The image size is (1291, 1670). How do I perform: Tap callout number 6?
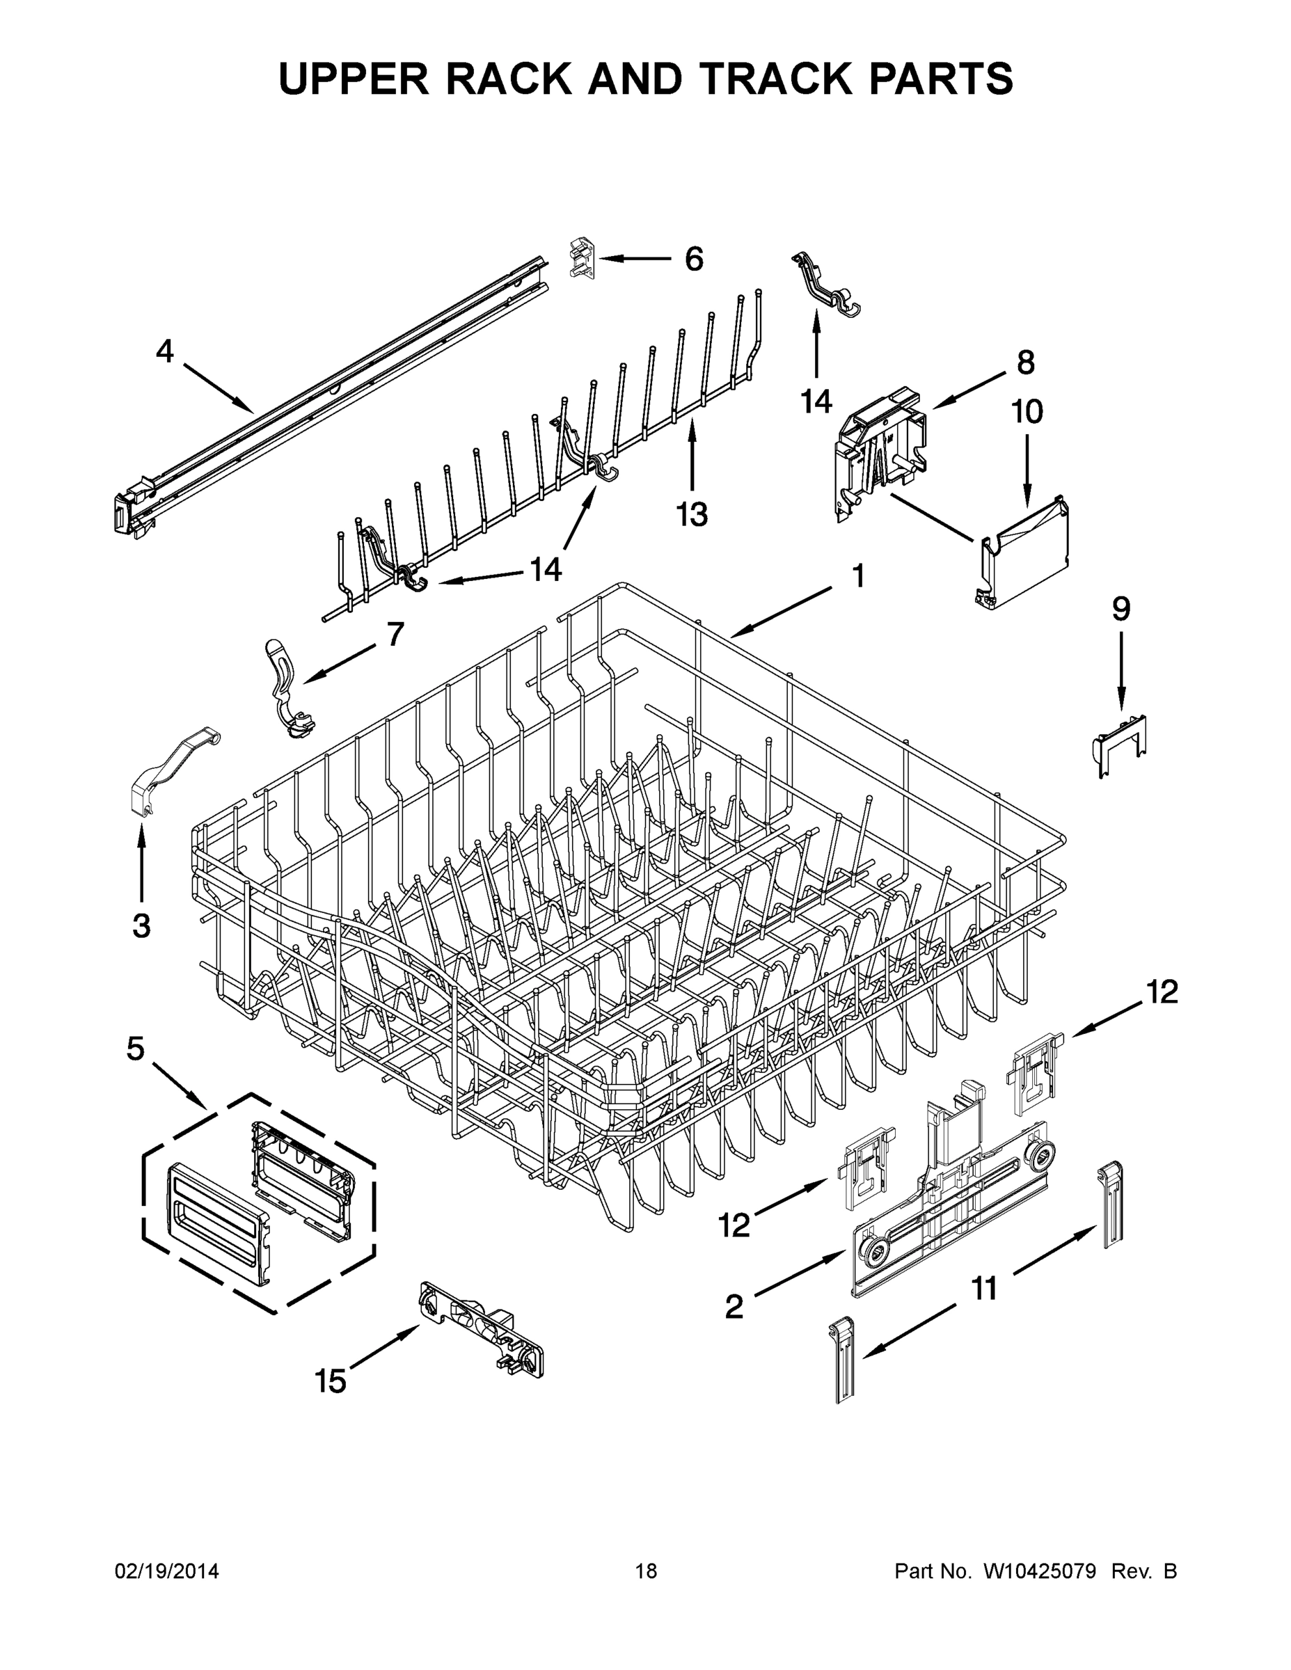coord(694,260)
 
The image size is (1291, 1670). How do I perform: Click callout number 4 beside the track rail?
coord(164,351)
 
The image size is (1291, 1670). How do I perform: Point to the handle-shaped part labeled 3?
coord(172,772)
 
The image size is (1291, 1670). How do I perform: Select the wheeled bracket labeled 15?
coord(482,1328)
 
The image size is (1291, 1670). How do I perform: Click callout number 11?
coord(984,1289)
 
